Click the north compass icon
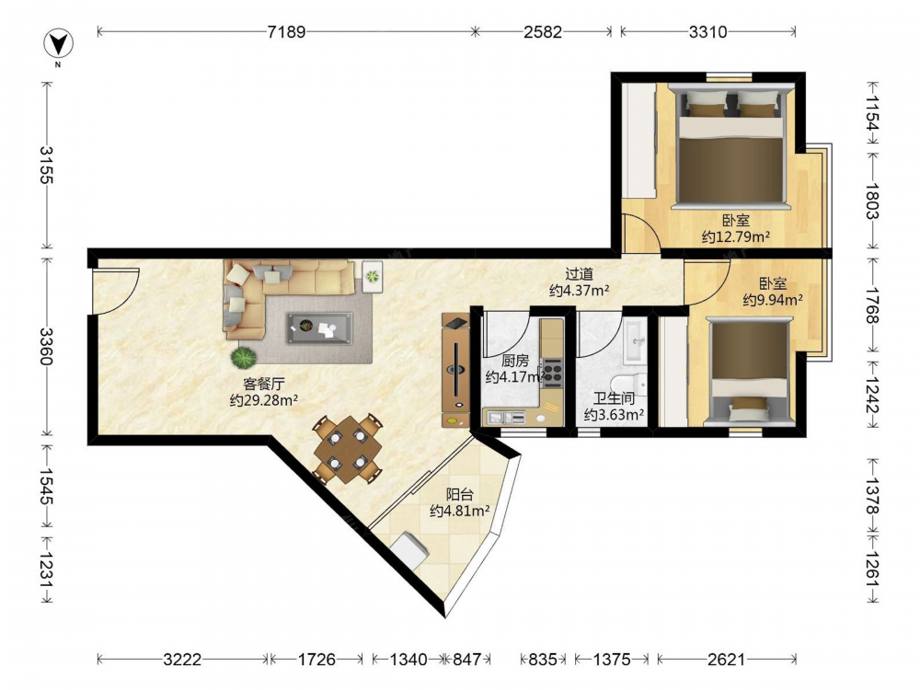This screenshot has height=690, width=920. click(x=58, y=44)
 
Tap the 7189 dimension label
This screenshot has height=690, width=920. click(x=286, y=31)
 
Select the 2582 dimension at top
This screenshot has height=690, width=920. click(x=542, y=31)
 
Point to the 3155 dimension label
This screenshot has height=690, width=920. click(x=47, y=165)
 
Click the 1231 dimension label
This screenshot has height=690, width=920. click(x=47, y=570)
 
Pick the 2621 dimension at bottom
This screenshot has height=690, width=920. click(x=726, y=660)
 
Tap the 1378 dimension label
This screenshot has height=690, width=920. click(x=872, y=496)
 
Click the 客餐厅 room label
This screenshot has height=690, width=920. click(x=264, y=385)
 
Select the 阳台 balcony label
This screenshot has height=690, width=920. click(x=459, y=495)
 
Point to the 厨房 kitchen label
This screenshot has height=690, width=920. click(x=515, y=361)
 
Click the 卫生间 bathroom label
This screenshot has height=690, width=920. click(x=614, y=398)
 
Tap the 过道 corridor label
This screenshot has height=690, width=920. click(x=579, y=274)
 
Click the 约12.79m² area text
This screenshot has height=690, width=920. click(x=736, y=237)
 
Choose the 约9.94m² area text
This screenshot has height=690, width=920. click(x=773, y=300)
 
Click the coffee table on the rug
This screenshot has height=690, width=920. click(x=319, y=328)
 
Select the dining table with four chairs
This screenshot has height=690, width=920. click(x=348, y=450)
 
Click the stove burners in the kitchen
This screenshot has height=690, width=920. click(x=552, y=373)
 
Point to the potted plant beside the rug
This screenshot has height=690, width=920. click(x=244, y=357)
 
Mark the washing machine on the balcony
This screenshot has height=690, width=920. click(x=409, y=550)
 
